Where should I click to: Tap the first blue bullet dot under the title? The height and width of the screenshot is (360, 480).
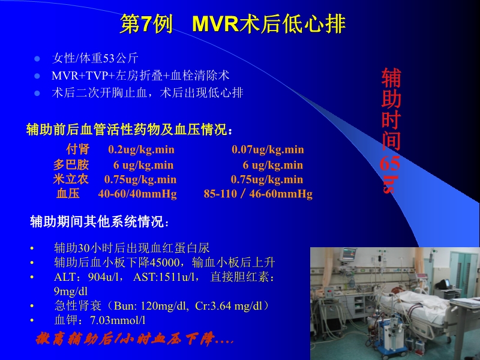[x=37, y=59]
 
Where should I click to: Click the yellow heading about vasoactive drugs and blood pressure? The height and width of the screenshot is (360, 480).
[x=128, y=129]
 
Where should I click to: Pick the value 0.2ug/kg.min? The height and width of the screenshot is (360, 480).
[x=141, y=149]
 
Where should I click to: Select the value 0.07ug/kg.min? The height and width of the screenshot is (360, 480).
[x=268, y=149]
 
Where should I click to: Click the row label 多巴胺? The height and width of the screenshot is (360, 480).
[x=71, y=165]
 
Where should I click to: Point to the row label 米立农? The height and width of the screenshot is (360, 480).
[x=71, y=179]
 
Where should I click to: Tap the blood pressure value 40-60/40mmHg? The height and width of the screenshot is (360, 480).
[x=137, y=194]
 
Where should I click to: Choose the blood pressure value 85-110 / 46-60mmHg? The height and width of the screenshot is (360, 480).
[x=258, y=194]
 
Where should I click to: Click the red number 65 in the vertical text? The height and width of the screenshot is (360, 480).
[x=390, y=164]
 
